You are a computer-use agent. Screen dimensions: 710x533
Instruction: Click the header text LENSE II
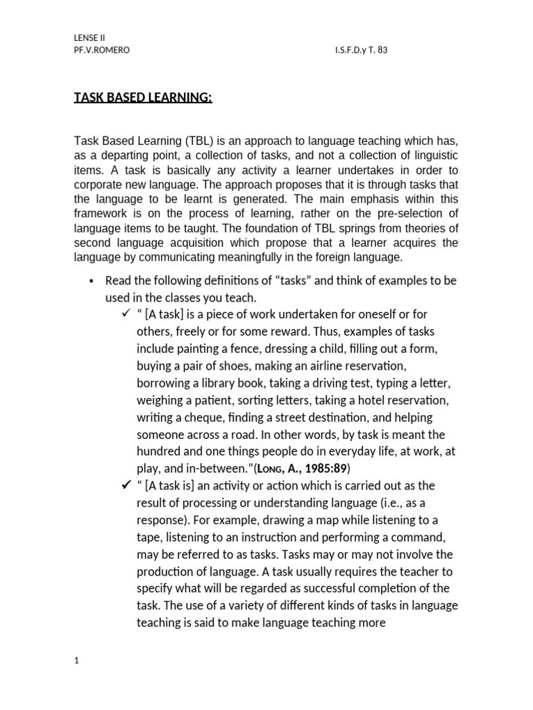(x=90, y=37)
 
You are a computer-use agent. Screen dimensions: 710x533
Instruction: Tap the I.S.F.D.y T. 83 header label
(x=360, y=51)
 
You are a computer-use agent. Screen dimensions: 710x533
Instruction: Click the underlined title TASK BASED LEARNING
(x=143, y=98)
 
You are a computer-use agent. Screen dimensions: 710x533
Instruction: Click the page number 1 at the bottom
(x=77, y=661)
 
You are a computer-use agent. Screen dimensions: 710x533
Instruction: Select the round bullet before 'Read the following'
(x=92, y=281)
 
